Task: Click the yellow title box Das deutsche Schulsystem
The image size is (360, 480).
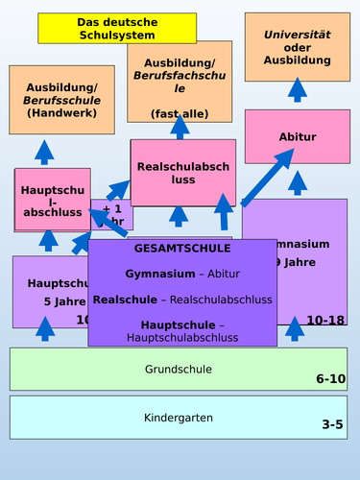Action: point(103,29)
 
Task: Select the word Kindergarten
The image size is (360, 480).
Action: point(179,419)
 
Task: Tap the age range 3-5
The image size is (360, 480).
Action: point(332,424)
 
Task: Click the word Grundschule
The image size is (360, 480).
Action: point(179,369)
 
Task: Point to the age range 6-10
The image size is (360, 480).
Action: point(330,379)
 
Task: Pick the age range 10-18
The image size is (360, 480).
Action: point(325,320)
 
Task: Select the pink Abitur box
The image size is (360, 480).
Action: point(297,136)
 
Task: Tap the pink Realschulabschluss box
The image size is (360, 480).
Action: point(183,173)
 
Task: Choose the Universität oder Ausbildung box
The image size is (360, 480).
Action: point(297,47)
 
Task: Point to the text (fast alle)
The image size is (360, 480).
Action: point(180,113)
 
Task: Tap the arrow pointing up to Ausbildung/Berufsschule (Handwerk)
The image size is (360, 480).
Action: point(45,152)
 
